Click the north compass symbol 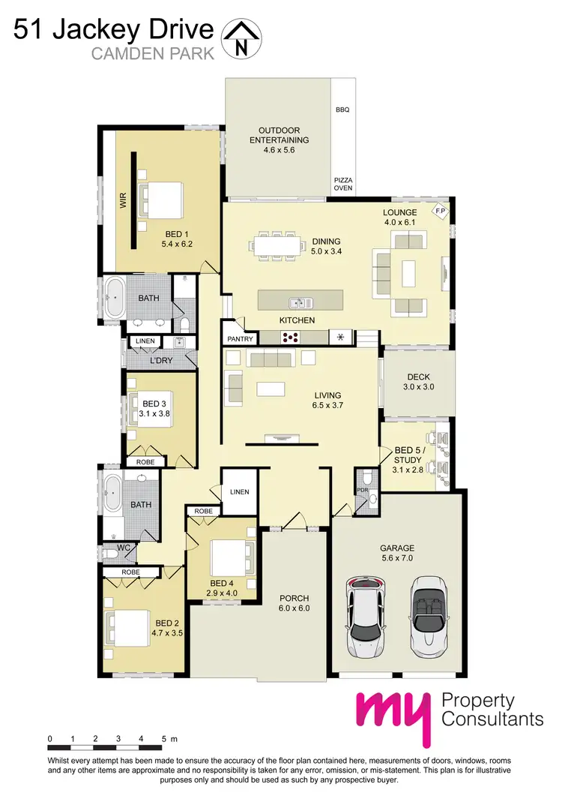tap(241, 38)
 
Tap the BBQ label tap(342, 110)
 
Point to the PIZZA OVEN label tap(342, 184)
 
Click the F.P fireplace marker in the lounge tap(440, 212)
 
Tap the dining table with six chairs tap(277, 245)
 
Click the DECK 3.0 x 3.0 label tap(417, 382)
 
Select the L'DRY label tap(161, 361)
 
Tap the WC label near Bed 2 tap(124, 548)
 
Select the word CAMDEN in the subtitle tap(118, 53)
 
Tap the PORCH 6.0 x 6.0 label tap(294, 603)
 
